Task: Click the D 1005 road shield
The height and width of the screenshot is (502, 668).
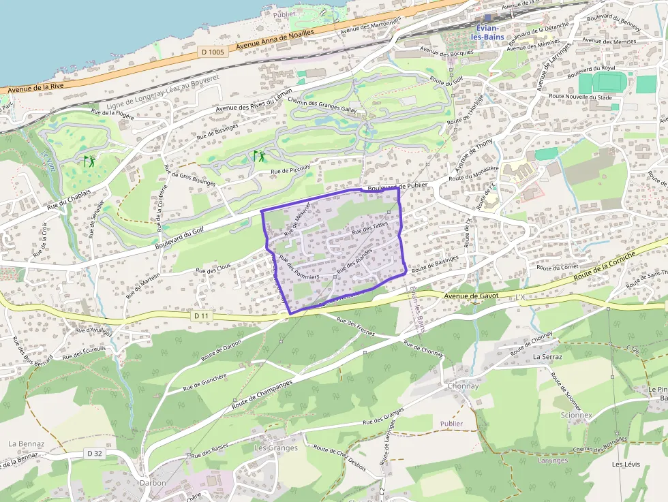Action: point(213,52)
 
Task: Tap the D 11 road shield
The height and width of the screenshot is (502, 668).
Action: point(200,316)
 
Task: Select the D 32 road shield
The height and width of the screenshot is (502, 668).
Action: point(95,454)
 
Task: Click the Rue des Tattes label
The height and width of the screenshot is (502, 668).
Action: point(369,227)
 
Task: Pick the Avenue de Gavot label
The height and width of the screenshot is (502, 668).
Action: point(471,296)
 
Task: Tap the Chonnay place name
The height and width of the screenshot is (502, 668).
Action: point(464,386)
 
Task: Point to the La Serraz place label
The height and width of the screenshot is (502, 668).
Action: point(547,356)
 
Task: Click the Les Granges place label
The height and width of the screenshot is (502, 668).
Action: point(276,448)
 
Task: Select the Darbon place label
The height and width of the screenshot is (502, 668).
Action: point(153,483)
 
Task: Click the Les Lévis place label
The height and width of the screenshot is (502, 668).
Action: point(626,465)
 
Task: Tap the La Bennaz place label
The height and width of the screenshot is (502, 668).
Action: point(27,443)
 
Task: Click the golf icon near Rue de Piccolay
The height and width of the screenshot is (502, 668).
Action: point(259,156)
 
